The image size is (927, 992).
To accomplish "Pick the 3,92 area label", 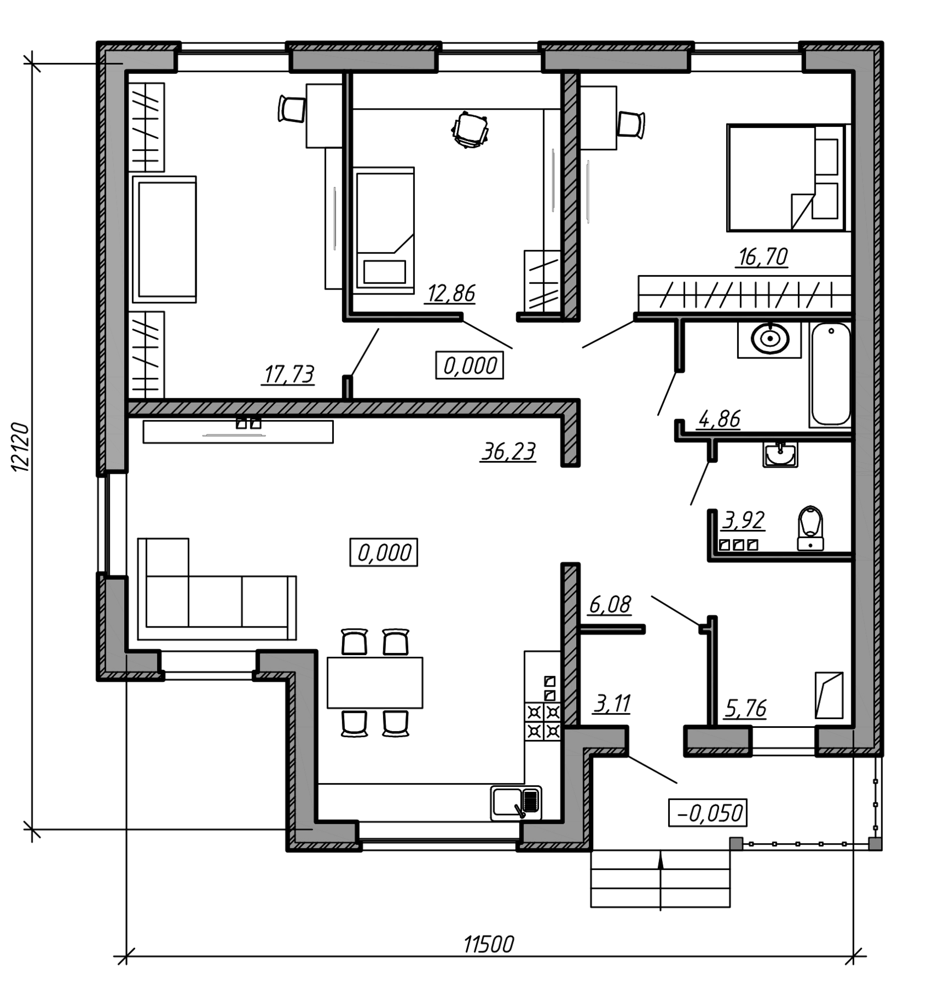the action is pos(743,519).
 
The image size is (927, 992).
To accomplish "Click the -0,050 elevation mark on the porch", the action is pos(708,813).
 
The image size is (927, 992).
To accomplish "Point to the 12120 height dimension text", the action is pos(21,447).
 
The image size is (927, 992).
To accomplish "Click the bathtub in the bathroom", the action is pos(829,375).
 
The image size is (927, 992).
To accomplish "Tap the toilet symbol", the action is pos(811,527).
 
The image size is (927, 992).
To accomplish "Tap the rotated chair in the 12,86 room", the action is pos(471,130).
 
